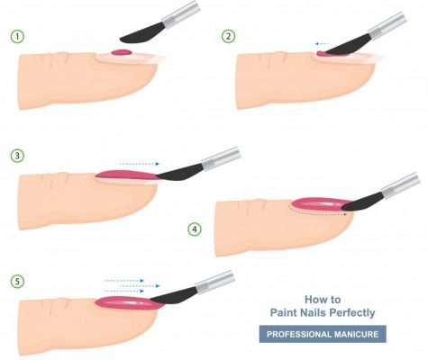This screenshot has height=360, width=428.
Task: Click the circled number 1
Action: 17,37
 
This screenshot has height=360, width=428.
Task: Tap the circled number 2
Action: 229,36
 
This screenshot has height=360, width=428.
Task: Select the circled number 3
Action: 17,156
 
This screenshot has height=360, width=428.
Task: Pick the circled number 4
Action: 195,229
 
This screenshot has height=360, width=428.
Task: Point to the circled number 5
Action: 17,282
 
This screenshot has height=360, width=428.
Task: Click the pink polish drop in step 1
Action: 122,53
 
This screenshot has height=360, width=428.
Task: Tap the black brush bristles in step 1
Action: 142,34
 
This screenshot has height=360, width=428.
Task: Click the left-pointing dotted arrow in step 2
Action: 322,44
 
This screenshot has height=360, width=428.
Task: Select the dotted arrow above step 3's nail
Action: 140,164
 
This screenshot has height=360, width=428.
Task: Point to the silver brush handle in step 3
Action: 221,157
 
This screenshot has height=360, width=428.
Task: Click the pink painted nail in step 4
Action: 322,204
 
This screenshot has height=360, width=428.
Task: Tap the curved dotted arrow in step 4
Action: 315,212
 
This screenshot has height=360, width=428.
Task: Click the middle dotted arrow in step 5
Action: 140,286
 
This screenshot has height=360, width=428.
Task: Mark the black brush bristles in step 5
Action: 174,296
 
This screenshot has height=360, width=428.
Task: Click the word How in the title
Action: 314,299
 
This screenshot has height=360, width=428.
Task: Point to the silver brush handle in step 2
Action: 387,26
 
